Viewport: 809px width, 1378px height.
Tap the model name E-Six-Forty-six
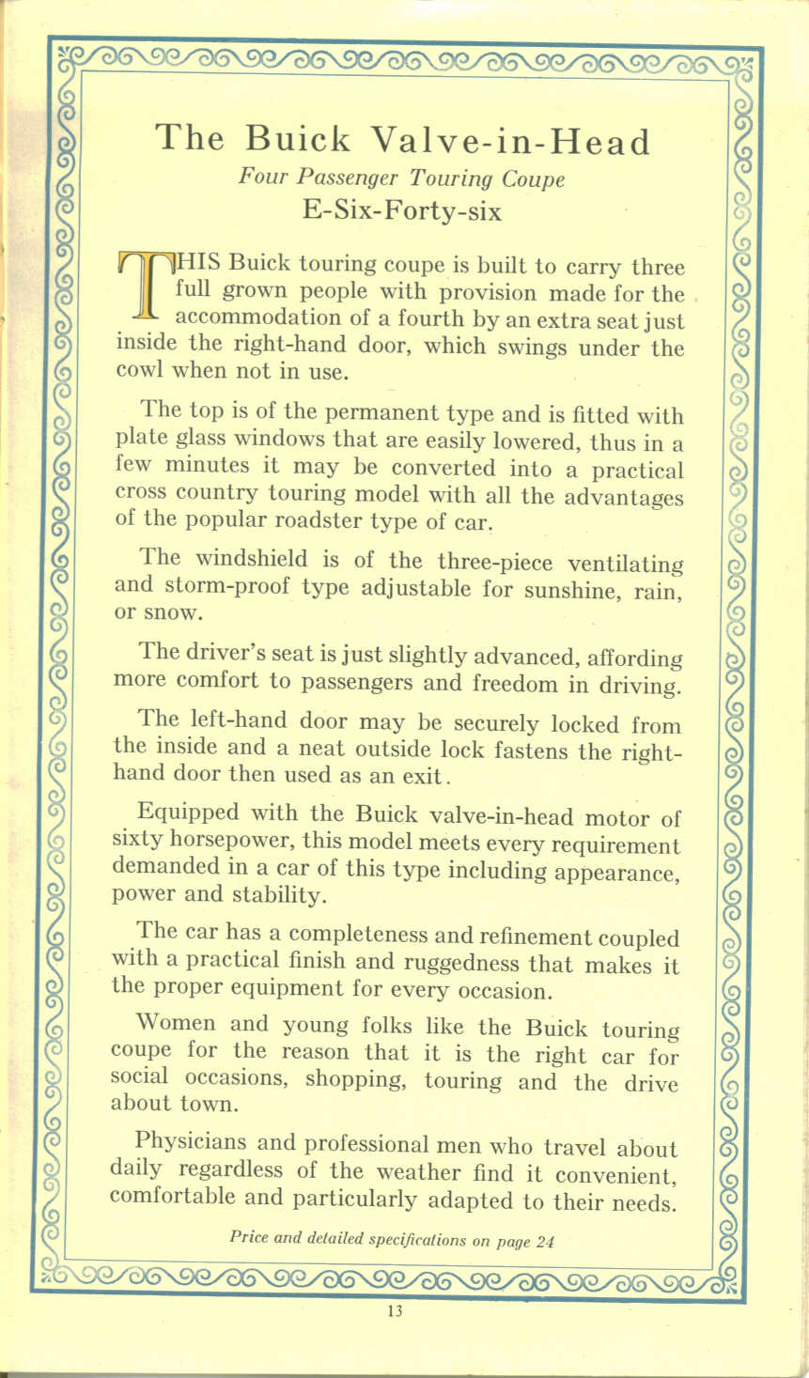click(402, 209)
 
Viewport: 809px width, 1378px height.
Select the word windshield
click(245, 559)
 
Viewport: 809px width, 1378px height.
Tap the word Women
click(176, 1023)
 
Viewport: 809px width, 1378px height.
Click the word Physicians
click(191, 1143)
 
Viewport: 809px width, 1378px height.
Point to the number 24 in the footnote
click(544, 1241)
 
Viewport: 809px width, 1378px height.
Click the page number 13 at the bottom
click(394, 1311)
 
